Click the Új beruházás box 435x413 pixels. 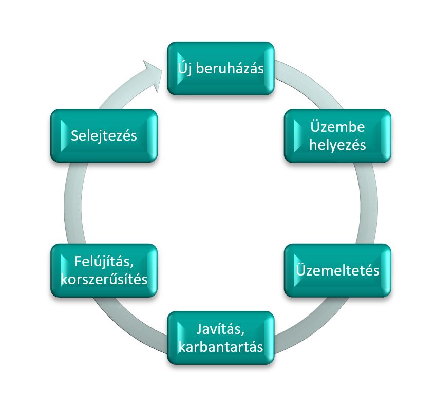[221, 68]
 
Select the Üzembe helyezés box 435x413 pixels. [337, 135]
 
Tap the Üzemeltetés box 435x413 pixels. [337, 270]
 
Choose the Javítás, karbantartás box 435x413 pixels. [221, 338]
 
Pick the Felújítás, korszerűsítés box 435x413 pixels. [104, 270]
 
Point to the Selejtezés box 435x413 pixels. [104, 135]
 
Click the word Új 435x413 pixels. [185, 68]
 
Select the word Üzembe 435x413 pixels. [337, 127]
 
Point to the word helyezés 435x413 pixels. [337, 144]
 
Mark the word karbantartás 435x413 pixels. [221, 346]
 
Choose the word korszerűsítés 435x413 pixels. [104, 279]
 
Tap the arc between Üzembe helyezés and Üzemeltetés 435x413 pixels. [369, 203]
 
